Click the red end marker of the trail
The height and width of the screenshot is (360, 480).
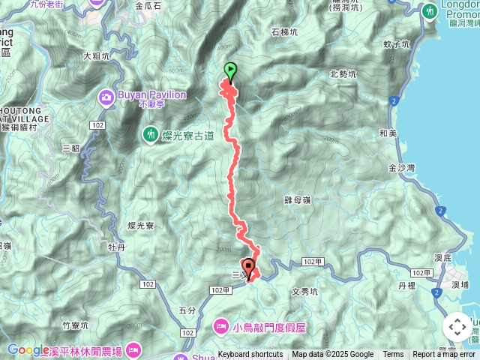pyautogui.click(x=248, y=265)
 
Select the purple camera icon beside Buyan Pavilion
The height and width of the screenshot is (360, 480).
pyautogui.click(x=106, y=97)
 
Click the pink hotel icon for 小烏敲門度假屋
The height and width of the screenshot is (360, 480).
pyautogui.click(x=222, y=326)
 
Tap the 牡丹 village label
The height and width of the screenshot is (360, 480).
pyautogui.click(x=116, y=245)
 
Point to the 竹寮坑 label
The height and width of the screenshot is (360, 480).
pyautogui.click(x=76, y=325)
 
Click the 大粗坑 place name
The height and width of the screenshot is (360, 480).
pyautogui.click(x=96, y=55)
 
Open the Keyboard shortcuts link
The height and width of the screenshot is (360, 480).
pyautogui.click(x=250, y=355)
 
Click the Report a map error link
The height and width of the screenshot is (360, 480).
pyautogui.click(x=445, y=355)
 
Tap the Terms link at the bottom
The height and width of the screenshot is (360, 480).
pyautogui.click(x=393, y=355)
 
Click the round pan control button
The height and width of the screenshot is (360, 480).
pyautogui.click(x=457, y=327)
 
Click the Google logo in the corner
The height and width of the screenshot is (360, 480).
pyautogui.click(x=28, y=349)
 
